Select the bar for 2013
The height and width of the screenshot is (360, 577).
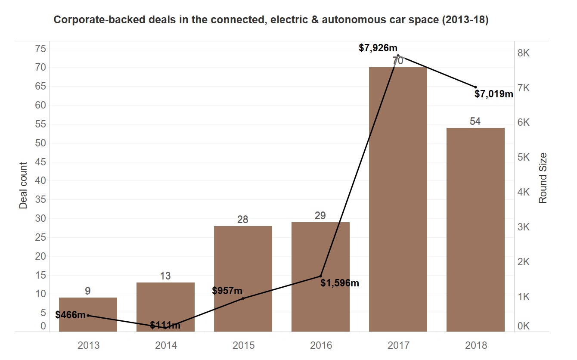click(x=88, y=314)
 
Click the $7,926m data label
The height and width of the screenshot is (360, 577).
click(x=378, y=48)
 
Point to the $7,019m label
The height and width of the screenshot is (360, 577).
click(x=494, y=94)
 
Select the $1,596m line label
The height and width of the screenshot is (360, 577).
click(x=340, y=283)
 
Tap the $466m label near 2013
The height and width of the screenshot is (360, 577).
click(x=70, y=315)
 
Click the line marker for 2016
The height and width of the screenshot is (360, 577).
click(x=320, y=276)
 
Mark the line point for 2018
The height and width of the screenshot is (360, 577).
click(x=475, y=87)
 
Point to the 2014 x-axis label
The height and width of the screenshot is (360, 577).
click(x=166, y=345)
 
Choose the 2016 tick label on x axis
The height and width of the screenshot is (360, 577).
click(x=321, y=345)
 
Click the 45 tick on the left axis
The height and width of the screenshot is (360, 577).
click(x=40, y=162)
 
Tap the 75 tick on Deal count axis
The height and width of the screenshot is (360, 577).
click(x=40, y=49)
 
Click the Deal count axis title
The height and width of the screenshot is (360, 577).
click(x=23, y=186)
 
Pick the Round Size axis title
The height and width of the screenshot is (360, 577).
click(x=543, y=178)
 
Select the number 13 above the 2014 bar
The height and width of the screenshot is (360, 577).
click(x=165, y=276)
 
